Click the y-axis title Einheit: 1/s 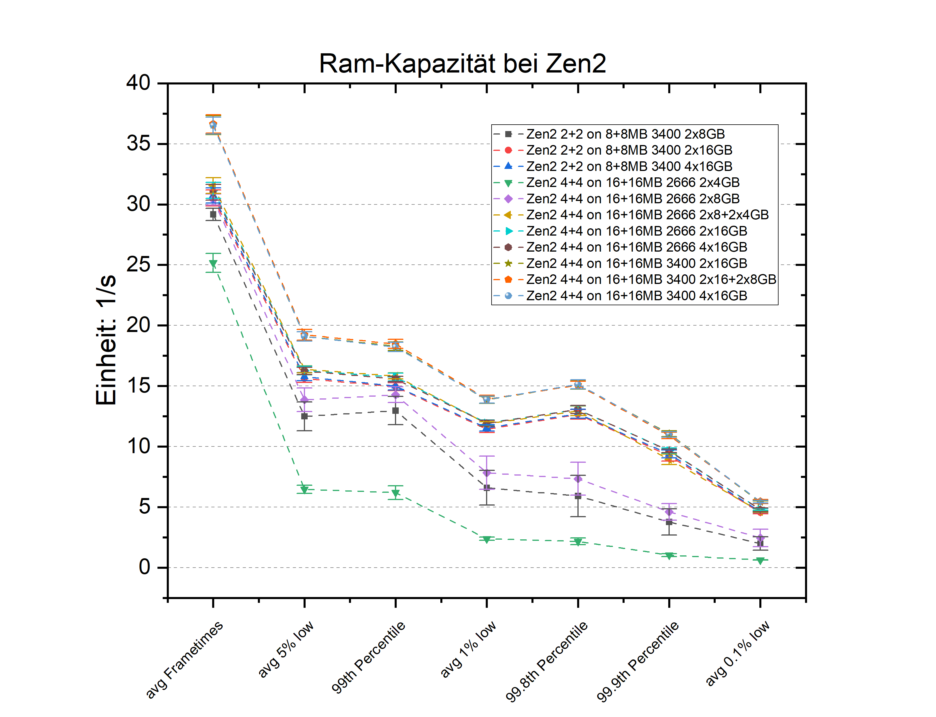pos(106,339)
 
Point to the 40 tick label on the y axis pos(138,82)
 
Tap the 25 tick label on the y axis pos(138,265)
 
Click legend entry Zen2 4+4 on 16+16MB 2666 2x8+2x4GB pos(647,215)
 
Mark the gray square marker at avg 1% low pos(487,488)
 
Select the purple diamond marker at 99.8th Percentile pos(578,479)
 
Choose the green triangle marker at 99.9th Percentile pos(669,556)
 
